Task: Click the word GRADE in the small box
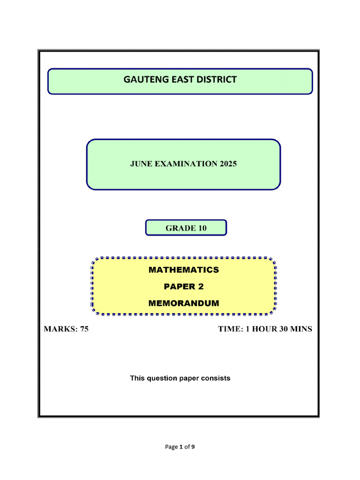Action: (x=180, y=228)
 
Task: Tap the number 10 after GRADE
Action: (x=202, y=228)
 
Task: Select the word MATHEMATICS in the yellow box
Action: (x=184, y=270)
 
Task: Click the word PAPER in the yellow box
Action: (x=180, y=286)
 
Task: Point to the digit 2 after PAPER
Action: (x=201, y=286)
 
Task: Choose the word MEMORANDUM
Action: (x=184, y=303)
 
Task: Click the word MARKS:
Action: (x=61, y=329)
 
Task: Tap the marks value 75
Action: (x=84, y=329)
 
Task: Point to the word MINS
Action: (x=301, y=329)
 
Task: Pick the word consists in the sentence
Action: (x=216, y=378)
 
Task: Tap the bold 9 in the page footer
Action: (x=193, y=447)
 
